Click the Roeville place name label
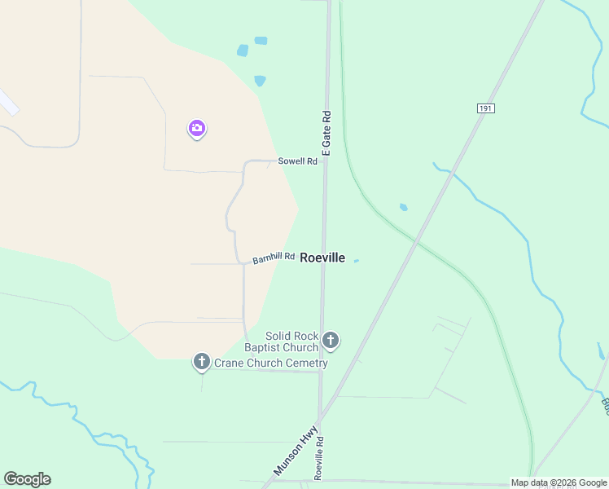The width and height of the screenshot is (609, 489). pyautogui.click(x=322, y=258)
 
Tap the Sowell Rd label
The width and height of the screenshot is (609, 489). pyautogui.click(x=297, y=161)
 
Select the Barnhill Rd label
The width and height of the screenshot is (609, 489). pyautogui.click(x=273, y=258)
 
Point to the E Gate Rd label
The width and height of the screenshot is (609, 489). pyautogui.click(x=326, y=133)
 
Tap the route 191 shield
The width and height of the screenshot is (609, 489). pyautogui.click(x=486, y=108)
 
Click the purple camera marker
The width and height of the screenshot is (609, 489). pyautogui.click(x=196, y=128)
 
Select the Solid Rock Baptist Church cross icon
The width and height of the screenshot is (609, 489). pyautogui.click(x=330, y=340)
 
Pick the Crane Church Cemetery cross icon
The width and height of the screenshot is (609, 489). pyautogui.click(x=202, y=361)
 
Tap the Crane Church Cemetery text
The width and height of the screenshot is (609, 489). pyautogui.click(x=270, y=363)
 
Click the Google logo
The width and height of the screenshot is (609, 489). pyautogui.click(x=27, y=479)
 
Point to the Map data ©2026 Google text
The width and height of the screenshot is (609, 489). pyautogui.click(x=559, y=482)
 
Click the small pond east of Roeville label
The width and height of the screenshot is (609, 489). pyautogui.click(x=356, y=261)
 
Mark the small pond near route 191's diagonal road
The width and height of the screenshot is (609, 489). pyautogui.click(x=403, y=207)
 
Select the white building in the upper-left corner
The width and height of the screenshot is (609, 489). pyautogui.click(x=7, y=102)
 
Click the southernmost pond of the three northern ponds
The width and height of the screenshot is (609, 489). pyautogui.click(x=260, y=81)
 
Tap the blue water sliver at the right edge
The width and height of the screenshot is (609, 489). pyautogui.click(x=601, y=351)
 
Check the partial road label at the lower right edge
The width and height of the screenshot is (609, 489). pyautogui.click(x=605, y=404)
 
